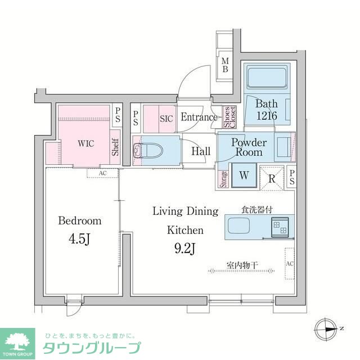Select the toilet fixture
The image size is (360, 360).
[148, 150]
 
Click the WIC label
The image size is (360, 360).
[85, 143]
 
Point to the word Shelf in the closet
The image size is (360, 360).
[115, 147]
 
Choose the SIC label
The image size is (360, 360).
[166, 119]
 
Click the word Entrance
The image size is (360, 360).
[199, 118]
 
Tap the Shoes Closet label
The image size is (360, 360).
[230, 117]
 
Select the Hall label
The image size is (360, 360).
[201, 151]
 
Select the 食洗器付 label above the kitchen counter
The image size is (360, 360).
[257, 209]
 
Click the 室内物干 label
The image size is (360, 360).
[242, 264]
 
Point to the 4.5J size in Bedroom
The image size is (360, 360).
[79, 240]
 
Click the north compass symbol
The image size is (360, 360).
[327, 328]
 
